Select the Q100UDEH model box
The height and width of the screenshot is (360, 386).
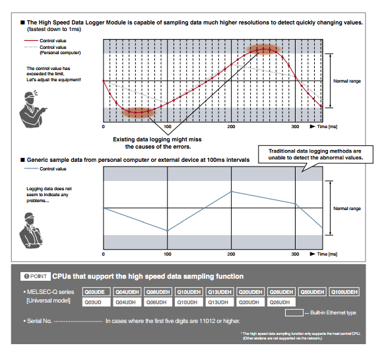tap(344, 291)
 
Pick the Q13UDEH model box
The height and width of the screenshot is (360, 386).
tap(220, 291)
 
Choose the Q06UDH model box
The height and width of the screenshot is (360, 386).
tap(158, 302)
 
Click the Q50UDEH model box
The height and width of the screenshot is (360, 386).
tap(313, 291)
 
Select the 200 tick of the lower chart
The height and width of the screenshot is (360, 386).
tap(231, 254)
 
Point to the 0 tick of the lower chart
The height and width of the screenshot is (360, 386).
tap(104, 254)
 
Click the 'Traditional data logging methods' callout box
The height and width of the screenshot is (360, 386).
tap(315, 155)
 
